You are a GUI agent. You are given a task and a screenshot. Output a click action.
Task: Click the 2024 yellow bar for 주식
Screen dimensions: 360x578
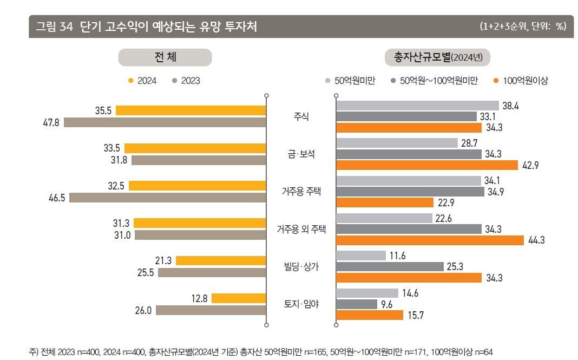tap(191, 110)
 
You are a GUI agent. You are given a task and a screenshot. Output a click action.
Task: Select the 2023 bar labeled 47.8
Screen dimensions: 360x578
tap(165, 122)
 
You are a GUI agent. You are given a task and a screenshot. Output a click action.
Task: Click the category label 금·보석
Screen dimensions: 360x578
tap(301, 154)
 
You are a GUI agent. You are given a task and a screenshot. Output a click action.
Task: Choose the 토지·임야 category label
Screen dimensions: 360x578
tap(301, 304)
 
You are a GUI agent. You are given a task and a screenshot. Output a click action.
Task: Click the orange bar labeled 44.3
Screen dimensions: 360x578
tap(430, 240)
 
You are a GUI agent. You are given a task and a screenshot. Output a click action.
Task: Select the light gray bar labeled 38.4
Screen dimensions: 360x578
tap(417, 106)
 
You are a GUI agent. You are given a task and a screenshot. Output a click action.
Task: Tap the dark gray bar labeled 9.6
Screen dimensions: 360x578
tap(357, 304)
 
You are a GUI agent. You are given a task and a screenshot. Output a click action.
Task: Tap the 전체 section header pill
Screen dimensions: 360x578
tap(165, 57)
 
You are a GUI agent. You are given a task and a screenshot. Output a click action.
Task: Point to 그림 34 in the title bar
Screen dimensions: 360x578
tap(54, 27)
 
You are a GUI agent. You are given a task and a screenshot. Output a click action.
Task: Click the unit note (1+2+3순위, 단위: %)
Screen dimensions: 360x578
tap(522, 27)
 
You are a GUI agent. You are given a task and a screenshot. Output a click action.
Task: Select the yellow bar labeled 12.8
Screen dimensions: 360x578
tap(239, 298)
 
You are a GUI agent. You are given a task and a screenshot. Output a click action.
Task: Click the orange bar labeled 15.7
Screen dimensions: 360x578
tap(370, 315)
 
